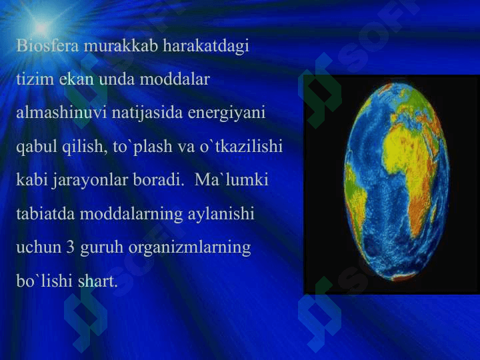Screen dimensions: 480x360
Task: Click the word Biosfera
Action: pyautogui.click(x=48, y=45)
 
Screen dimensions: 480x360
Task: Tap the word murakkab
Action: pyautogui.click(x=121, y=45)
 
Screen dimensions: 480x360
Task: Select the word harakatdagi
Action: pyautogui.click(x=206, y=47)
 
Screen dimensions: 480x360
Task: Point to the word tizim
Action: pyautogui.click(x=35, y=79)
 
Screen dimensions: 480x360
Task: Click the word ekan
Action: pyautogui.click(x=77, y=79)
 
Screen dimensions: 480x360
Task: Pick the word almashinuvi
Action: pyautogui.click(x=61, y=113)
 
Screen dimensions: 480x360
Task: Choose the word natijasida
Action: pyautogui.click(x=147, y=113)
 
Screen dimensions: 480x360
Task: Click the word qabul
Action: pyautogui.click(x=37, y=147)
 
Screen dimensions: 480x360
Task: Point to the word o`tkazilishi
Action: pyautogui.click(x=241, y=146)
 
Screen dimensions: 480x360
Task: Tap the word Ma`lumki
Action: pyautogui.click(x=231, y=179)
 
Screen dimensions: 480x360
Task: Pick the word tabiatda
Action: pyautogui.click(x=45, y=213)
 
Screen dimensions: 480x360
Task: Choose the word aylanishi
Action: pyautogui.click(x=221, y=214)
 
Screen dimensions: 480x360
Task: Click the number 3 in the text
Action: pyautogui.click(x=70, y=247)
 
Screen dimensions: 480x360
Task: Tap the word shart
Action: pyautogui.click(x=97, y=281)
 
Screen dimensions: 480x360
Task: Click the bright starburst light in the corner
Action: pyautogui.click(x=41, y=27)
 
